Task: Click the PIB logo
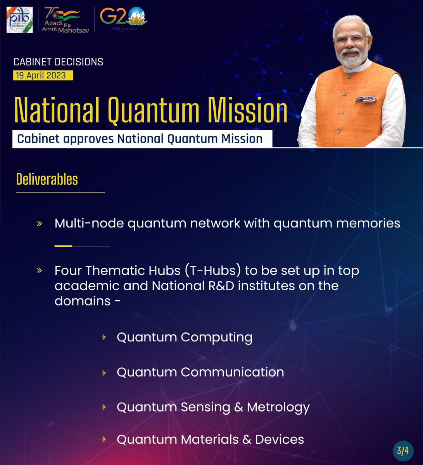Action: tap(19, 20)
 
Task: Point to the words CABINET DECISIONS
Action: tap(58, 62)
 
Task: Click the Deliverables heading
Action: tap(47, 179)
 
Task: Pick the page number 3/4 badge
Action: tap(403, 451)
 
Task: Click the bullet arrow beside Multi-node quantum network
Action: tap(39, 224)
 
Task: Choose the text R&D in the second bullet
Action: tap(218, 286)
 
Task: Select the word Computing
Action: tap(216, 338)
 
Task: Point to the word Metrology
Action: tap(278, 407)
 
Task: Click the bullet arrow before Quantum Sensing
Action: tap(104, 407)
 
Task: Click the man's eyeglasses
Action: tap(351, 39)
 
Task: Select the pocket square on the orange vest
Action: tap(366, 99)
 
